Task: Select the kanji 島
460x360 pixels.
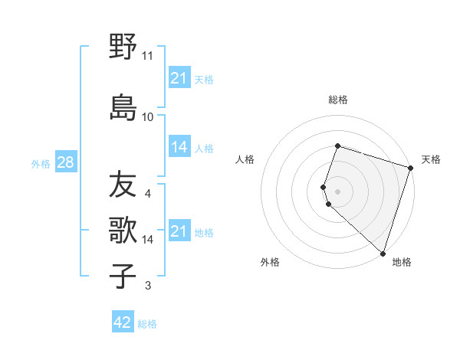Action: tap(123, 106)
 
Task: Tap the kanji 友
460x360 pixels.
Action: tap(123, 185)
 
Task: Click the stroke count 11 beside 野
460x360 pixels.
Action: tap(147, 57)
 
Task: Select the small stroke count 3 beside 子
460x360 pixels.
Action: tap(147, 286)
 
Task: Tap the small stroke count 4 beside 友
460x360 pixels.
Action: tap(147, 193)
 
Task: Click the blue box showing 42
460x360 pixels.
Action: tap(123, 322)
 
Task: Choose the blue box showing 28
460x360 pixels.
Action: tap(65, 162)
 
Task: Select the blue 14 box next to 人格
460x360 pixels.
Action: tap(179, 148)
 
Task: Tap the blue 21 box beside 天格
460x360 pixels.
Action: tap(179, 78)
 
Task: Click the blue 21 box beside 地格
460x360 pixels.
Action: tap(179, 231)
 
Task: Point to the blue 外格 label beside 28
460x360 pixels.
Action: tap(41, 163)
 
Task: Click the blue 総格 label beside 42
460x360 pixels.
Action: tap(147, 324)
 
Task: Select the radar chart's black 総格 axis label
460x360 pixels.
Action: tap(337, 100)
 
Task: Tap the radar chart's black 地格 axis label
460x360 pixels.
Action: tap(402, 262)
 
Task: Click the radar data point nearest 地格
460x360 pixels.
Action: tap(383, 253)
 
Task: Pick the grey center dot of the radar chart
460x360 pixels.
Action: tap(337, 190)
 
